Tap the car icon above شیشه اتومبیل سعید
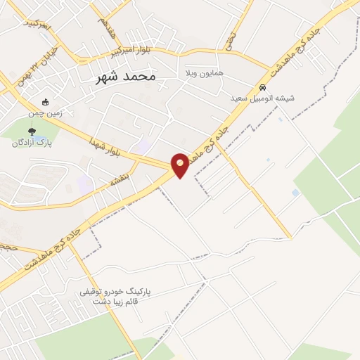(262, 88)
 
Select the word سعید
(242, 99)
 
